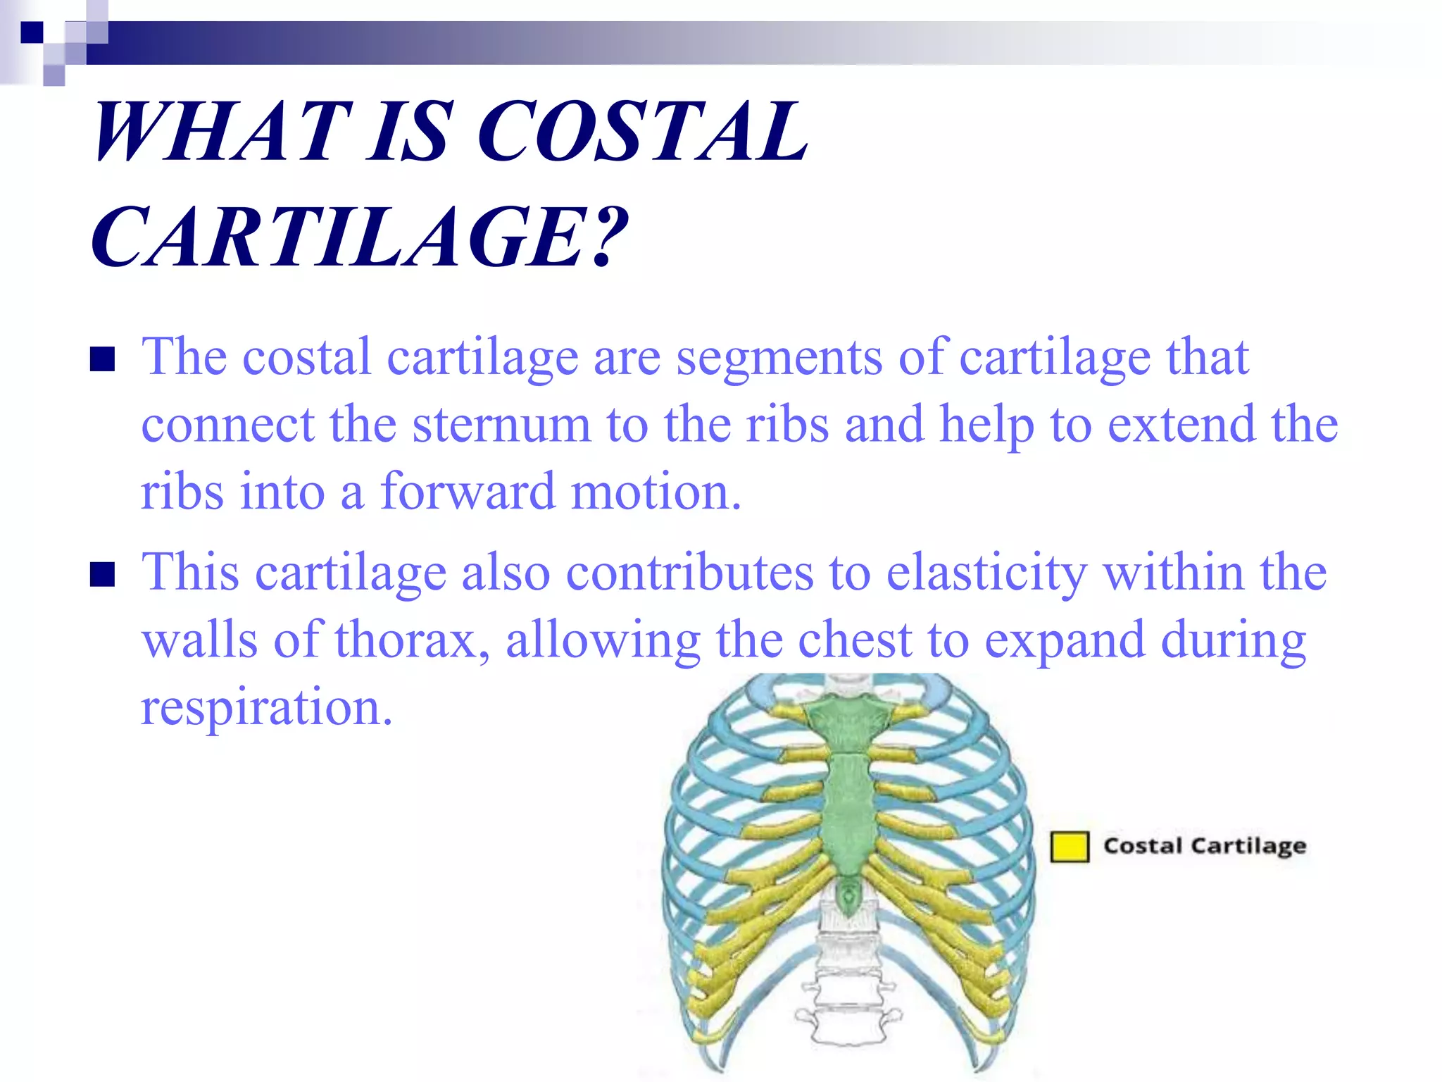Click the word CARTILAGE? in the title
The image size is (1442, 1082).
pyautogui.click(x=359, y=237)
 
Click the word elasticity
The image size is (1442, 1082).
pyautogui.click(x=986, y=572)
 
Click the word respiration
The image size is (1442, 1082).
pyautogui.click(x=266, y=707)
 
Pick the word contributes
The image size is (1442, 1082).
pyautogui.click(x=689, y=572)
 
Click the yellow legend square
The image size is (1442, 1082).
pyautogui.click(x=1069, y=847)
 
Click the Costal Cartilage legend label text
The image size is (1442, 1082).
pyautogui.click(x=1204, y=846)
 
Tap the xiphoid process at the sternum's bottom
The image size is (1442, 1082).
pyautogui.click(x=848, y=895)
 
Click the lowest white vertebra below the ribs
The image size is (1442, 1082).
pyautogui.click(x=848, y=1025)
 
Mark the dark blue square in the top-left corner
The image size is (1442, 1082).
pyautogui.click(x=31, y=32)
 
